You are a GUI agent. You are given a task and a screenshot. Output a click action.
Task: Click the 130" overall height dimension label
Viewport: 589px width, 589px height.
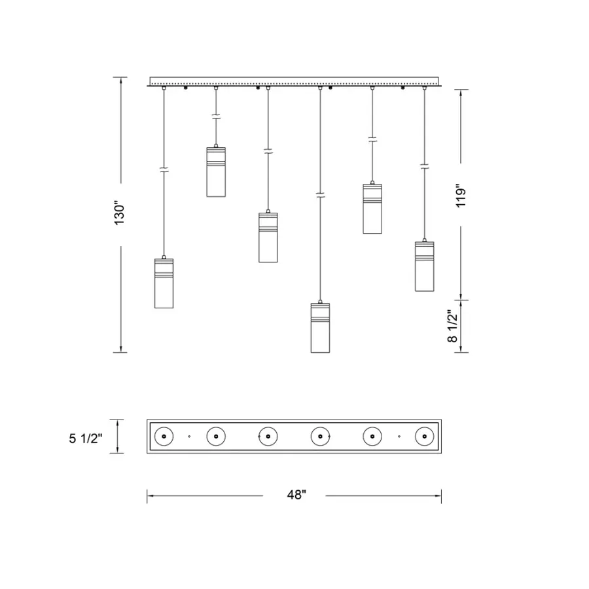pyautogui.click(x=120, y=215)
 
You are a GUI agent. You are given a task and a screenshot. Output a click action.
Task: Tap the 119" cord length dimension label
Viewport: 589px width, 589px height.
pyautogui.click(x=461, y=195)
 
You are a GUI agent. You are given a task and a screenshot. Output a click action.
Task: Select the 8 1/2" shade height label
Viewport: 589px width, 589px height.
pyautogui.click(x=453, y=326)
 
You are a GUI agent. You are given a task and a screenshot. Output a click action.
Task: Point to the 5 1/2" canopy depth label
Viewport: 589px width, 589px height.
pyautogui.click(x=86, y=438)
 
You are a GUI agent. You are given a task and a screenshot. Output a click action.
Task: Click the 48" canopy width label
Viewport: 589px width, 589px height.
pyautogui.click(x=296, y=495)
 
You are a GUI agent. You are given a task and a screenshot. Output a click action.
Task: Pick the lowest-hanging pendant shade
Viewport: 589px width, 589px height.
pyautogui.click(x=320, y=328)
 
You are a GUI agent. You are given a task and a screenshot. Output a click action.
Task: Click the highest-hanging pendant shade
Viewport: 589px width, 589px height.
pyautogui.click(x=216, y=172)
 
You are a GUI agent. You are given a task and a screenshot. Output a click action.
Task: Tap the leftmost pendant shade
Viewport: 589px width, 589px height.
pyautogui.click(x=164, y=283)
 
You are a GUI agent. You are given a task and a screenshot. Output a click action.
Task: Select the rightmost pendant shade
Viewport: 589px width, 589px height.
pyautogui.click(x=425, y=266)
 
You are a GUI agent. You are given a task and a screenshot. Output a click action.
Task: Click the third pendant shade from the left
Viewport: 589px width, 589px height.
pyautogui.click(x=268, y=238)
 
